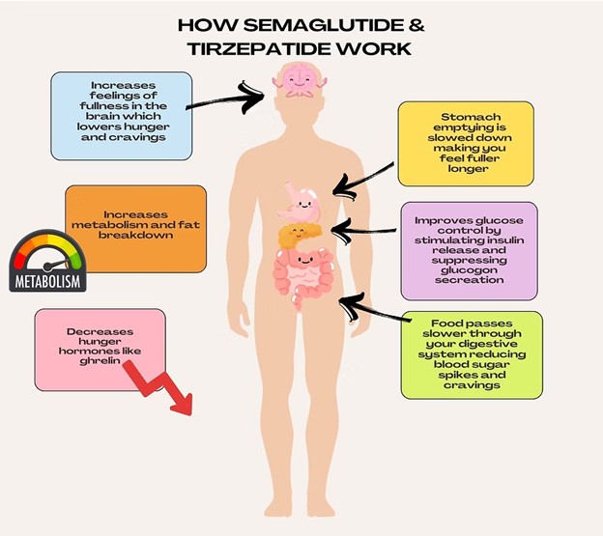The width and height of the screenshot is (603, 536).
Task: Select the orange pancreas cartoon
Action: coord(299,234)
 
